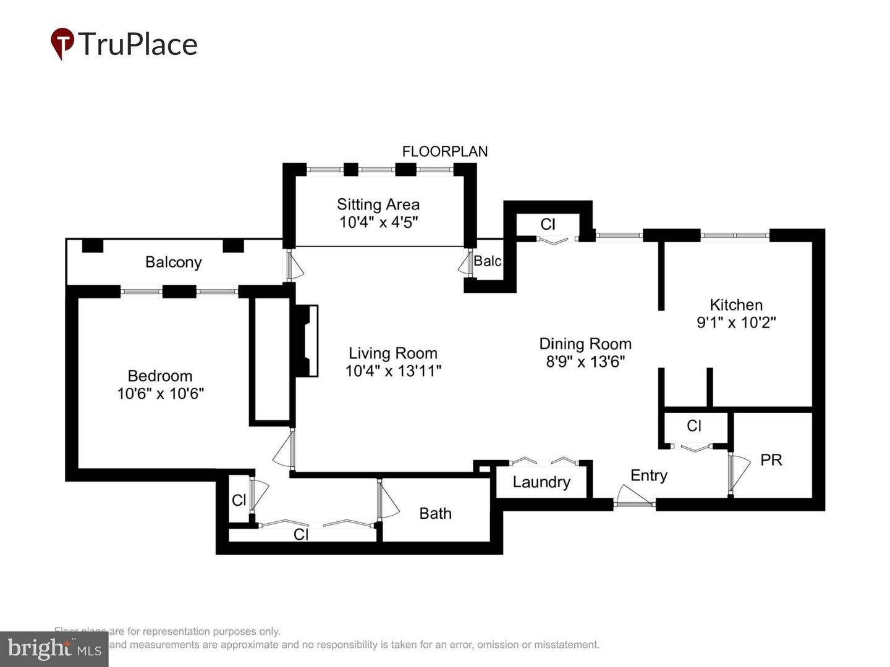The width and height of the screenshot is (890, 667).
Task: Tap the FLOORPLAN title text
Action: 444,151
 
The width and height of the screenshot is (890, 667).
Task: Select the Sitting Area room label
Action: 378,204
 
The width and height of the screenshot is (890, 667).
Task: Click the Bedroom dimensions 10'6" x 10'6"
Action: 160,393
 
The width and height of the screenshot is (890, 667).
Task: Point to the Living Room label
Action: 392,353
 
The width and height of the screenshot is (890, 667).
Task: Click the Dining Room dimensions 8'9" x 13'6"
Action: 585,361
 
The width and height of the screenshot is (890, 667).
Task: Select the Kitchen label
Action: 735,304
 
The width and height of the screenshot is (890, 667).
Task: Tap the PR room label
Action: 771,460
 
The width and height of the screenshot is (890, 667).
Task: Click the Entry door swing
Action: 633,495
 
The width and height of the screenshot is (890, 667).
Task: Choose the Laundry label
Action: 541,482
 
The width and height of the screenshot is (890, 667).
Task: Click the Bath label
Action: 435,513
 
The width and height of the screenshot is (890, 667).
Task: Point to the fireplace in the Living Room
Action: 307,340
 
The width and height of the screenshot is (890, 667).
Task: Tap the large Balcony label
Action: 173,262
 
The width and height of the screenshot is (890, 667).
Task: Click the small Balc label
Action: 487,261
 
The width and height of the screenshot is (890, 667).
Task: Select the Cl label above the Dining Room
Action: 548,224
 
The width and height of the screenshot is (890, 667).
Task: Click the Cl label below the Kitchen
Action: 693,426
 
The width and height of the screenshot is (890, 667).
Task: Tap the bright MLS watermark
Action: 54,648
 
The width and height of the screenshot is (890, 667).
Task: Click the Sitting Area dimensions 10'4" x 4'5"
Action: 378,222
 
